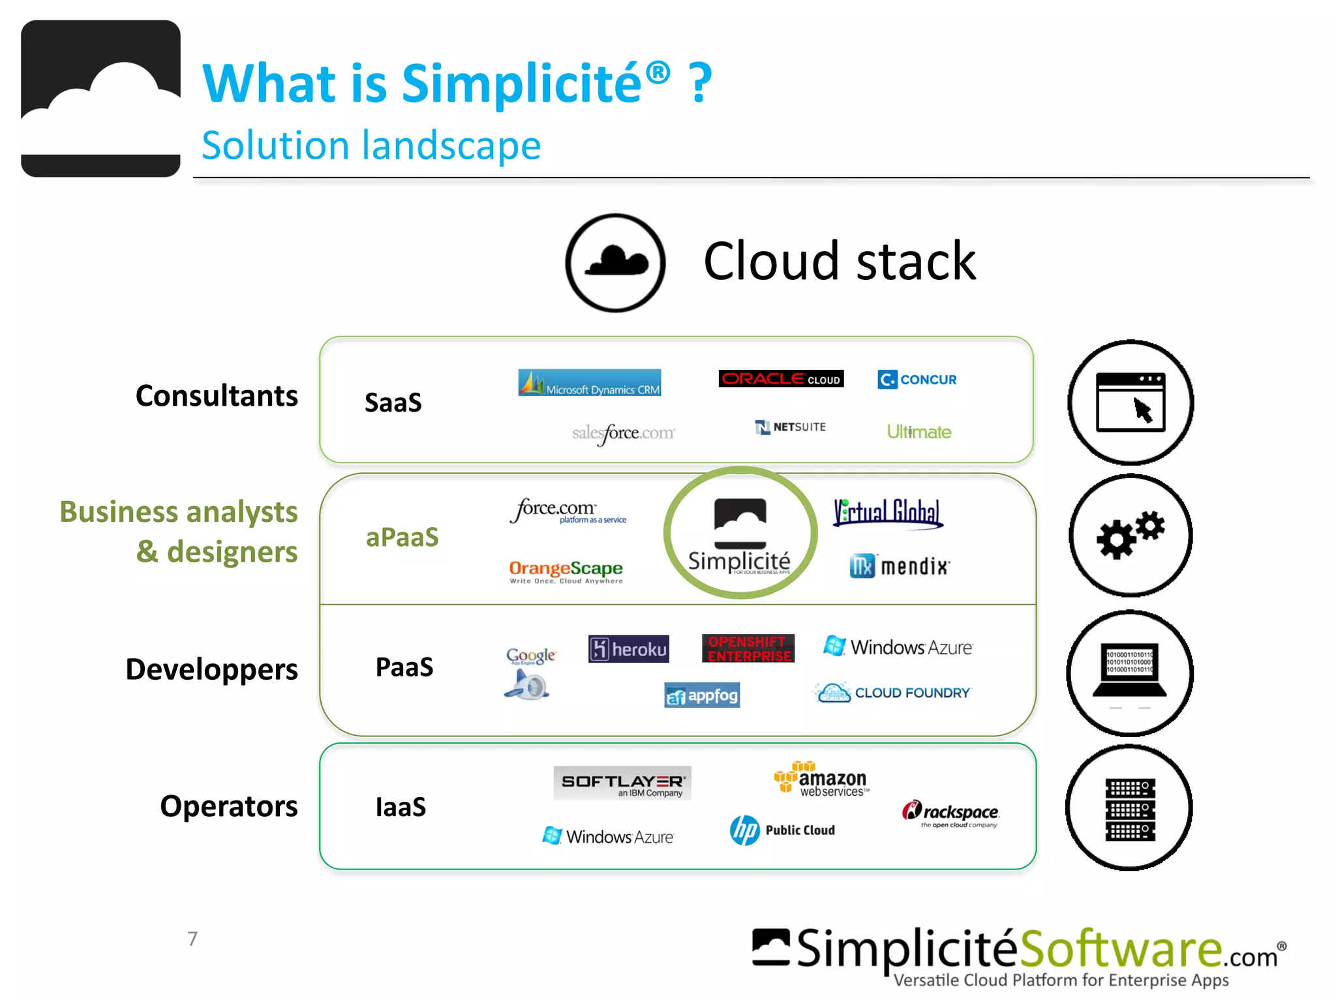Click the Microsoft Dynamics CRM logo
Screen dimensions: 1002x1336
[590, 383]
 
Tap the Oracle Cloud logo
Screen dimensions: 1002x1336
[781, 379]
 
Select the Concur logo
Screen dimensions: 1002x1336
[917, 380]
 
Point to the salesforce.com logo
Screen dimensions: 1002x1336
[624, 433]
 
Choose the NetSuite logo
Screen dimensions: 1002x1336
[791, 427]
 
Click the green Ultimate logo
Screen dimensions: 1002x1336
[918, 432]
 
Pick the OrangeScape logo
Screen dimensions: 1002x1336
[566, 571]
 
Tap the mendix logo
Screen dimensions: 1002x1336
[900, 566]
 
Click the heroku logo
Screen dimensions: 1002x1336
[629, 649]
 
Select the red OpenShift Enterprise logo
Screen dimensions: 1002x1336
[748, 649]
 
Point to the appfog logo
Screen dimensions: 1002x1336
[702, 696]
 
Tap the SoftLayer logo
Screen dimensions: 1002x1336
[622, 783]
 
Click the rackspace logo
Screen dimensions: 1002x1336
[950, 813]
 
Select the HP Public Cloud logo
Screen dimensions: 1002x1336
[783, 830]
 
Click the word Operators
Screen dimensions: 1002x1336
[229, 806]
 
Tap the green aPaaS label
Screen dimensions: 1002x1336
[402, 538]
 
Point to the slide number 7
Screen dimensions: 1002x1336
[192, 939]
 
